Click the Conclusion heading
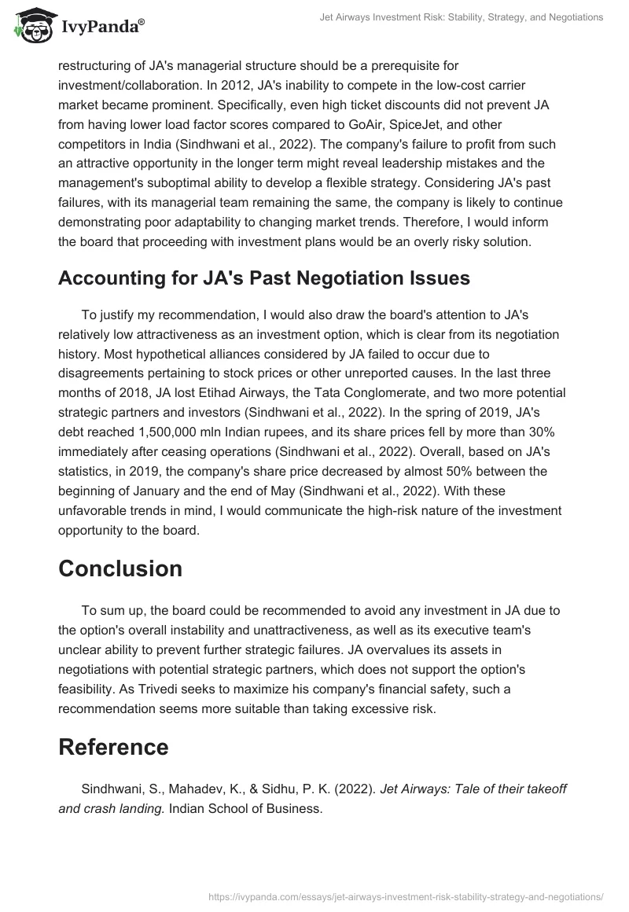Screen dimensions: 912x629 coord(120,569)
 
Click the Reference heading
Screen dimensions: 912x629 coord(113,747)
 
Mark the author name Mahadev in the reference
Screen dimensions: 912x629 coord(183,789)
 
